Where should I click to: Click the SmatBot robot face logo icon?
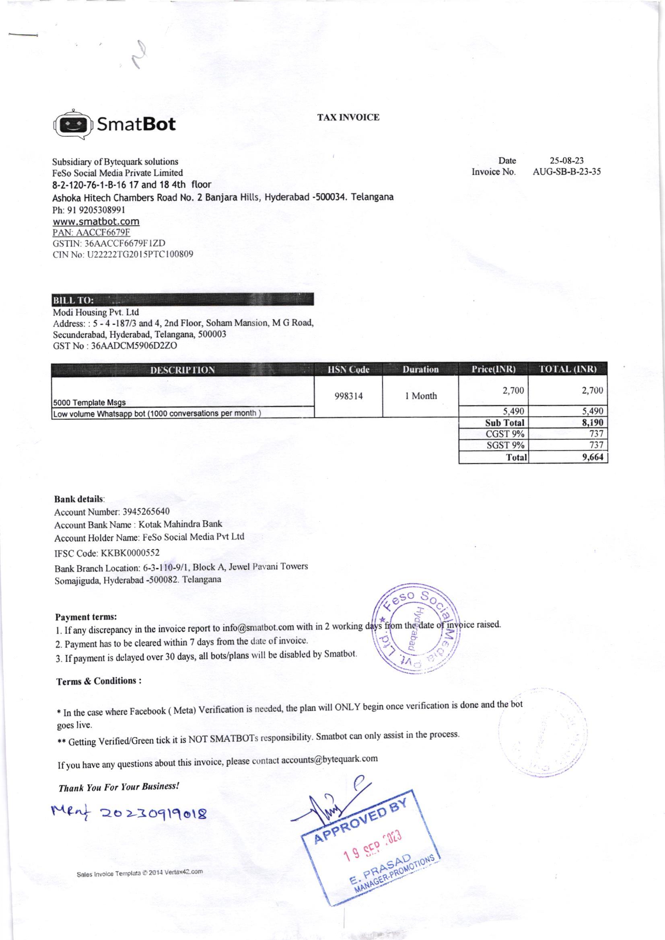[73, 124]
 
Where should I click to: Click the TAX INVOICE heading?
[348, 117]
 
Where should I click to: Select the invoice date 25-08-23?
[568, 160]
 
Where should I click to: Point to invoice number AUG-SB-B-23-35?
[567, 172]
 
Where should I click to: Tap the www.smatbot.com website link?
[96, 222]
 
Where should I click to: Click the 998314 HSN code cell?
[348, 396]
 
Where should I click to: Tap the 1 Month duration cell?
[421, 396]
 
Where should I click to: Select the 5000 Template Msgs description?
[89, 402]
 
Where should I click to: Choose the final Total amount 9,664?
[593, 457]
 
